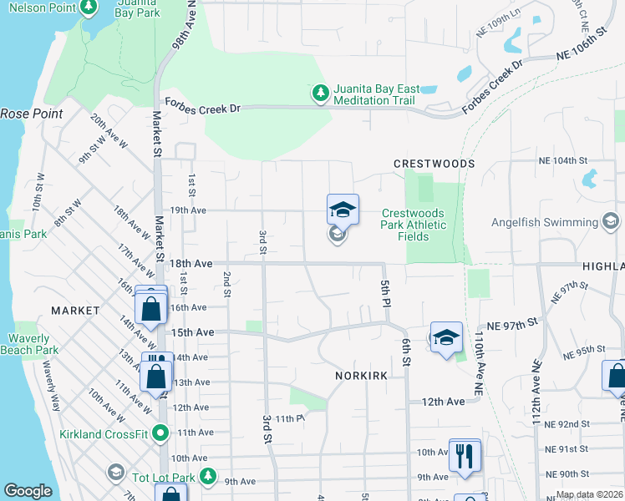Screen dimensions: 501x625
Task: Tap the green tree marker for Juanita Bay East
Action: point(319,94)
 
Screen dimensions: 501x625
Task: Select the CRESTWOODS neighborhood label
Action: point(434,164)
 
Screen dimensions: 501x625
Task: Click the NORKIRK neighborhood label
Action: point(361,376)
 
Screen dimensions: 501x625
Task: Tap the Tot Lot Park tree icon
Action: point(209,478)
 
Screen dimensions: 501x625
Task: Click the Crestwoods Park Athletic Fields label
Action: point(413,225)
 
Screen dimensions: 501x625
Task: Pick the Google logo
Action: point(28,490)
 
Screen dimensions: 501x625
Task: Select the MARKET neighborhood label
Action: point(75,310)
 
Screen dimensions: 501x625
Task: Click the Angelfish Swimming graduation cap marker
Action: point(611,221)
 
